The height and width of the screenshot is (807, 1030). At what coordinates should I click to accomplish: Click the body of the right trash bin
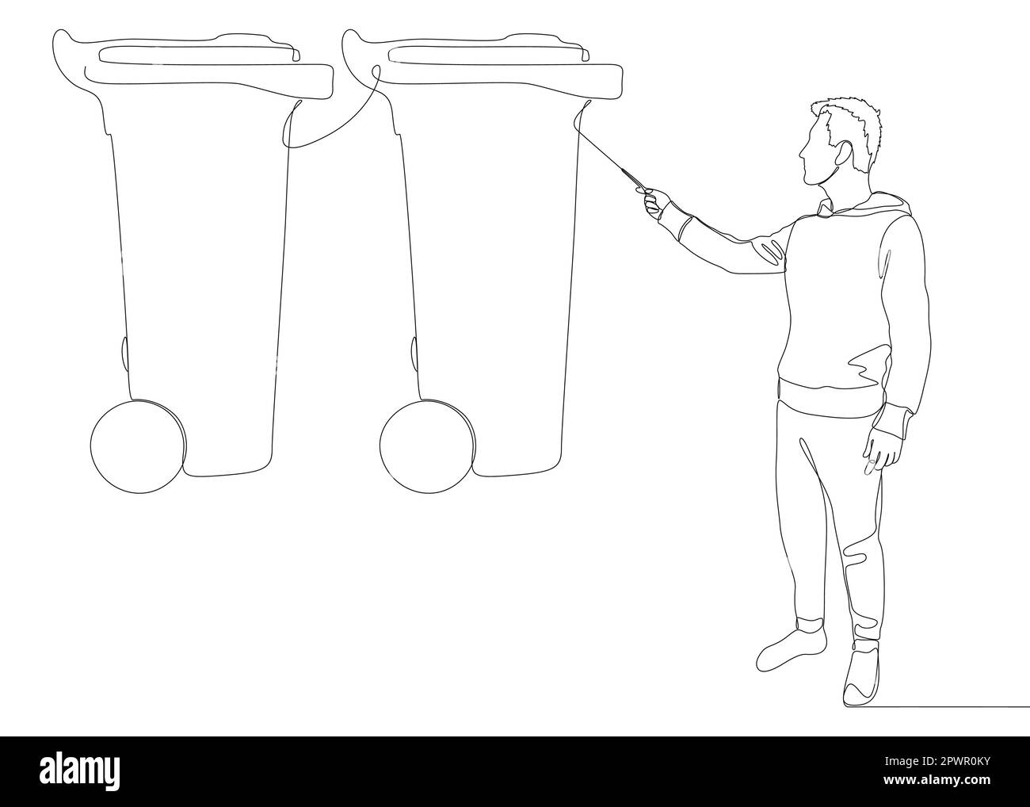(x=491, y=277)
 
